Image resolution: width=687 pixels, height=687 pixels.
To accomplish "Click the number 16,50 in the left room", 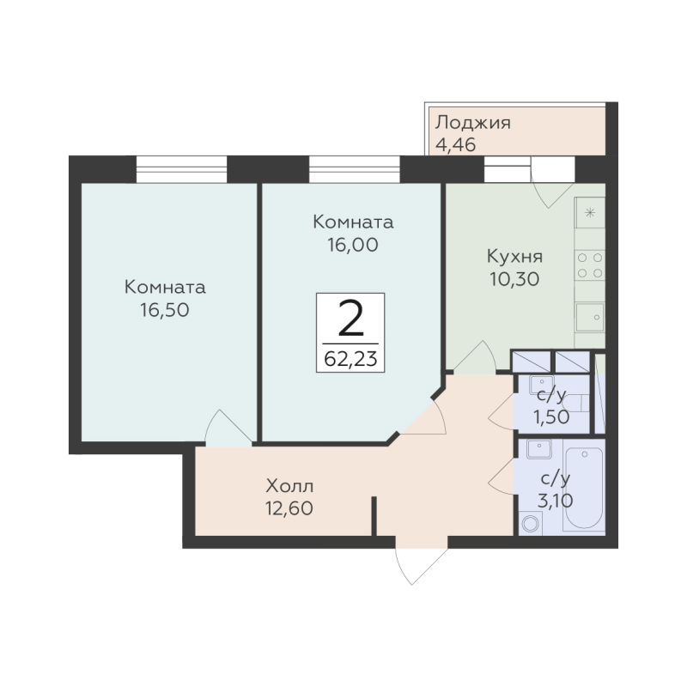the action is pos(165,310).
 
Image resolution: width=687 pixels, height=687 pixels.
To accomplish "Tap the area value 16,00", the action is pos(353,245).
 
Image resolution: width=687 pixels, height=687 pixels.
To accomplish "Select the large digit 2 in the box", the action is pos(351,319).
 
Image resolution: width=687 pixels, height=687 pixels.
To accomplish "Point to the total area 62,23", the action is pos(350,359).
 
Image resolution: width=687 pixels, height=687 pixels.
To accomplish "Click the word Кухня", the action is pos(514,256).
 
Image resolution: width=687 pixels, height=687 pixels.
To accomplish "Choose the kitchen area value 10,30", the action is pos(514,279).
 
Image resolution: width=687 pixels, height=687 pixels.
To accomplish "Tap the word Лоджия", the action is pos(473,124).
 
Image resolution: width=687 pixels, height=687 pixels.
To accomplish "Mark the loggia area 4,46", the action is pos(456,144).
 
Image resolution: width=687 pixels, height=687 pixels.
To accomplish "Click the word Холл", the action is pos(289,486).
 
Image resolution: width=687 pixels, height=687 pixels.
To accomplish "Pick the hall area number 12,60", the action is pos(289,508).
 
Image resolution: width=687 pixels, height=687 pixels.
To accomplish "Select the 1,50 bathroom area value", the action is pos(551,416).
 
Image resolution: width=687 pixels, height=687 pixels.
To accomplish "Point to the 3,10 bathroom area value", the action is pos(555,500).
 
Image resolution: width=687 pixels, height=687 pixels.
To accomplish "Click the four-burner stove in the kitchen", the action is pos(590,265).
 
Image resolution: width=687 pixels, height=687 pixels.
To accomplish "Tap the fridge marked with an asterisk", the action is pos(590,213).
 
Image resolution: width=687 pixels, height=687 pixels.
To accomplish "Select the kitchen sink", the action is pos(590,317).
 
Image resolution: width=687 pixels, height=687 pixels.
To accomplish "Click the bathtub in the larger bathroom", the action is pos(584,485).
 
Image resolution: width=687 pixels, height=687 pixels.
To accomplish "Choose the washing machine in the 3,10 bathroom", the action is pos(531,523).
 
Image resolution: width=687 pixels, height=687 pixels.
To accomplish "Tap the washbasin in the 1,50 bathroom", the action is pos(542,385).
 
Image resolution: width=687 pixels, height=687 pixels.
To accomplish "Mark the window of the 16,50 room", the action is pos(181,169).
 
